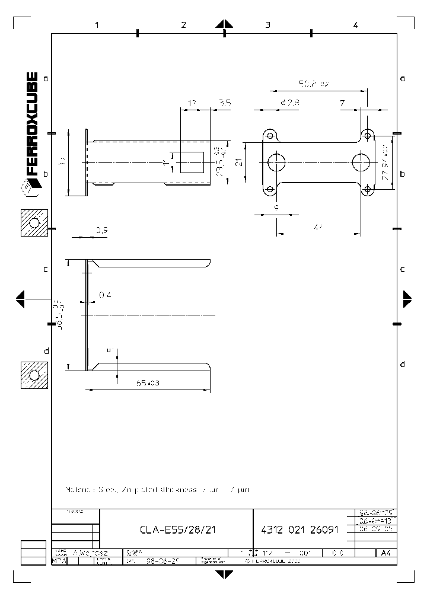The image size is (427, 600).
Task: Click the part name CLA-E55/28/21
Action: click(177, 530)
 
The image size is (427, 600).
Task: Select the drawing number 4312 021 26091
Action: click(299, 530)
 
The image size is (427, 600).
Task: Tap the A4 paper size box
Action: click(386, 553)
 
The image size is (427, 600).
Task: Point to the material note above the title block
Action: click(158, 490)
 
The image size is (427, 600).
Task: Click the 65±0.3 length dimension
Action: click(148, 384)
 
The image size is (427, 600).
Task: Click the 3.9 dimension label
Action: click(101, 230)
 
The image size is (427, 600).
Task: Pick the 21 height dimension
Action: click(239, 162)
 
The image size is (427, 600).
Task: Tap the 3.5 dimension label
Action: click(225, 103)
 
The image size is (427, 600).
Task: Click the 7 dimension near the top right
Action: click(342, 103)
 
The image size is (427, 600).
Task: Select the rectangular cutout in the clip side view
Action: click(192, 162)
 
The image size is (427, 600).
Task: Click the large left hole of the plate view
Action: click(276, 161)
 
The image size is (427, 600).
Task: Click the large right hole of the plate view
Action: click(361, 161)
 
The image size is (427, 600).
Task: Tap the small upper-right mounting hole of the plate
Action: click(368, 136)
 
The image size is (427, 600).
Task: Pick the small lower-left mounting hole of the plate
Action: click(269, 190)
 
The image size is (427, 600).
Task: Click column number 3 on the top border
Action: click(268, 25)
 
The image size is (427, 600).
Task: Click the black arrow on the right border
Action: click(407, 299)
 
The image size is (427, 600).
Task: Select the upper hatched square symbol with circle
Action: click(34, 222)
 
